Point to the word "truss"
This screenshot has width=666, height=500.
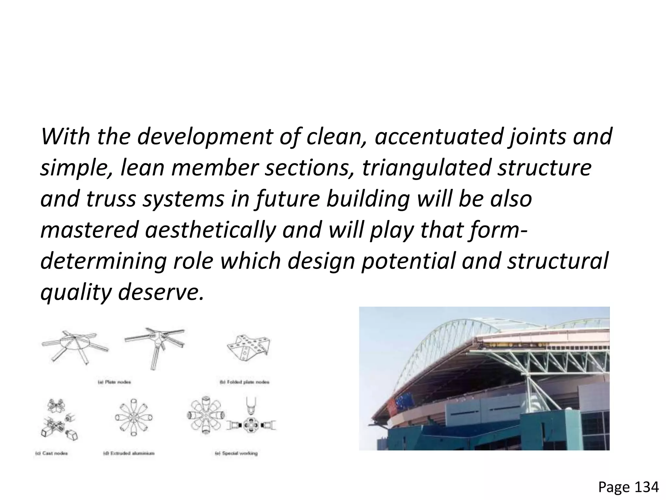click(x=111, y=199)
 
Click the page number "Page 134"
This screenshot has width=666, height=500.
click(x=628, y=487)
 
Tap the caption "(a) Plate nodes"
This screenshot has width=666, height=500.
click(x=114, y=382)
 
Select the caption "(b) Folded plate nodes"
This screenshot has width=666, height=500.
click(x=245, y=382)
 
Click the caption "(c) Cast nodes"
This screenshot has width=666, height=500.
click(x=51, y=453)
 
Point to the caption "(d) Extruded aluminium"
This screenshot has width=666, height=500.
click(x=129, y=453)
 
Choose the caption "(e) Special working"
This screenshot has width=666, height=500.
click(x=236, y=453)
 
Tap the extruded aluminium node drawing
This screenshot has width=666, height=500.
click(x=134, y=417)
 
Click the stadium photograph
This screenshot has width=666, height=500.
click(x=484, y=378)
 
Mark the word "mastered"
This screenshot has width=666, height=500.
click(x=89, y=230)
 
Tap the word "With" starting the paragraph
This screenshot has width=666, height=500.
click(x=65, y=137)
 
